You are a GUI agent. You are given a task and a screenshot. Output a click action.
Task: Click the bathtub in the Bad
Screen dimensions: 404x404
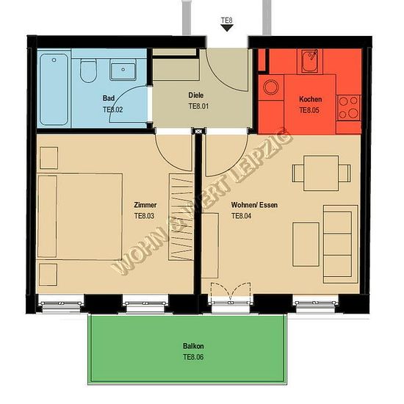54,90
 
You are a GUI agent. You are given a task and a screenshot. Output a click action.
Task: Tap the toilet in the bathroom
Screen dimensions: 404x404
88,71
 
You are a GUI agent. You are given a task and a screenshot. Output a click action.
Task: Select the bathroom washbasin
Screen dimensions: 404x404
123,70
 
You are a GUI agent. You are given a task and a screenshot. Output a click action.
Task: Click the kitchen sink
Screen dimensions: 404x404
310,61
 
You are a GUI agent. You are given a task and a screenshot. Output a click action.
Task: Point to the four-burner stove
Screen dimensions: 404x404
348,108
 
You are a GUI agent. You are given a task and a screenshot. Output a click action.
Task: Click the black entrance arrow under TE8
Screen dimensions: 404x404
227,28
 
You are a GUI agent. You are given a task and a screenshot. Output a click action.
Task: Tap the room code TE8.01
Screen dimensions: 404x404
198,107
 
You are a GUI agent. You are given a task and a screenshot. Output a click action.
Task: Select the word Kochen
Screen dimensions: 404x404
310,99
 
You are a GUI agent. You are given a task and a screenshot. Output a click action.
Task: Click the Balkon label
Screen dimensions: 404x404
193,346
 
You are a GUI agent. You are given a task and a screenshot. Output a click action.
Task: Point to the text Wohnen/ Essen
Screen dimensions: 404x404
254,205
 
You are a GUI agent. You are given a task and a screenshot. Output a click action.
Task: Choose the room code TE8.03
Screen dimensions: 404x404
144,216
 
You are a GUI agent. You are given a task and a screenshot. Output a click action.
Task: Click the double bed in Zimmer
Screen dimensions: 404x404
80,216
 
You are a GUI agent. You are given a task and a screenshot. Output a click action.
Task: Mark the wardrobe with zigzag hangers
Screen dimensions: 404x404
181,217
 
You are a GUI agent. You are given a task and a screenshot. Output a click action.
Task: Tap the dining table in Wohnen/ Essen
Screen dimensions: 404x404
321,173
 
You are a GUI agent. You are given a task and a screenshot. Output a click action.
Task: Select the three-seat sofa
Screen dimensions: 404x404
340,245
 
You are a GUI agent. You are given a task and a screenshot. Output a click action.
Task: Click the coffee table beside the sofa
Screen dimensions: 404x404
306,245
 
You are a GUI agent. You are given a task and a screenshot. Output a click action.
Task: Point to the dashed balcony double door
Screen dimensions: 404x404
231,293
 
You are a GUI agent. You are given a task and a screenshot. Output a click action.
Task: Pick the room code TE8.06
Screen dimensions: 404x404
193,357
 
